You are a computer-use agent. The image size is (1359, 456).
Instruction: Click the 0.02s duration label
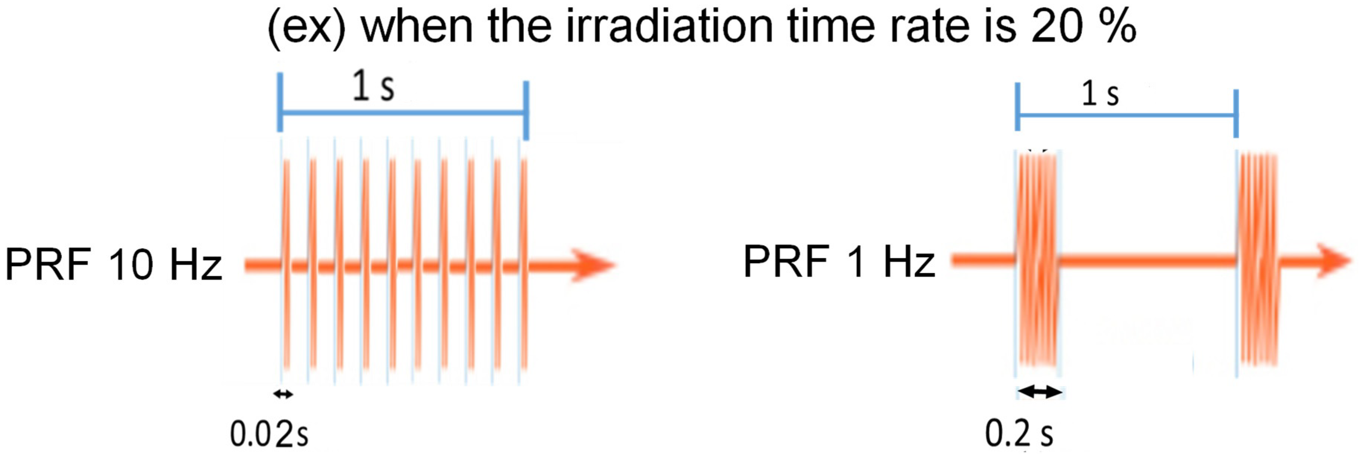click(269, 434)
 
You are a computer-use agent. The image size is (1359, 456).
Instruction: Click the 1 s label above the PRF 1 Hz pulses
click(1100, 94)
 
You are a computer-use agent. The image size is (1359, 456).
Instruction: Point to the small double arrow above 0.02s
click(283, 394)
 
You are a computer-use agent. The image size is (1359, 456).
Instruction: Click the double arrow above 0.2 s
click(1039, 391)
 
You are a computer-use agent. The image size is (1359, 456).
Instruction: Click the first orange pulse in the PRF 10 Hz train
click(286, 264)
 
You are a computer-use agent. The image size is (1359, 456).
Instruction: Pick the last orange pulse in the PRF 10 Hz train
click(524, 264)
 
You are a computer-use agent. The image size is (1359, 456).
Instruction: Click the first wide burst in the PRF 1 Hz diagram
click(1038, 259)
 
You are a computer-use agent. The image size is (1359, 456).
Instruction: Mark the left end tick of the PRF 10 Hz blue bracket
click(280, 102)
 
